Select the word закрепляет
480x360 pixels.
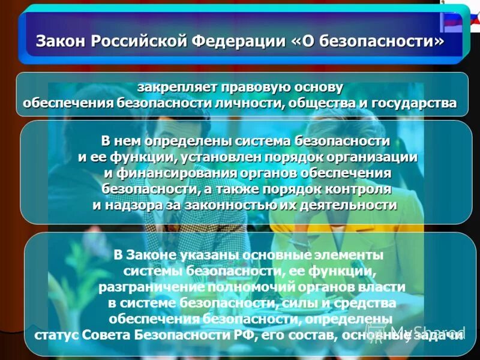pyautogui.click(x=174, y=87)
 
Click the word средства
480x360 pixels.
pyautogui.click(x=366, y=302)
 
